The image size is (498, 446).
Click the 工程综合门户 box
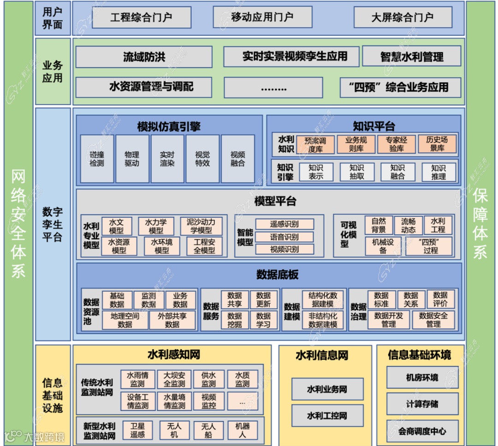pos(141,18)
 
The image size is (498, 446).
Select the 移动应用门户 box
pos(262,18)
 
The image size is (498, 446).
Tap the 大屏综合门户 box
pos(402,18)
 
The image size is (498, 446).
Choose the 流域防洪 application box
pos(144,57)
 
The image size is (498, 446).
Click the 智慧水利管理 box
pos(411,57)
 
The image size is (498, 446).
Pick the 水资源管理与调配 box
pos(144,87)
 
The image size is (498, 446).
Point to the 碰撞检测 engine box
pos(97,159)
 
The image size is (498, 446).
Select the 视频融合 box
pos(237,159)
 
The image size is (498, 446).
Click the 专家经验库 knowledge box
pos(397,144)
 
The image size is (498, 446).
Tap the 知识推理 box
pos(438,172)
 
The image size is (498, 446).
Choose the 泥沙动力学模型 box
pos(201,226)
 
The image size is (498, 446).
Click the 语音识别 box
pos(285,237)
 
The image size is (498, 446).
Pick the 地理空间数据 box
pos(125,320)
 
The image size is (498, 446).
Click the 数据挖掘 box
pos(235,320)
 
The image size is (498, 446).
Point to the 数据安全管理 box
pos(433,320)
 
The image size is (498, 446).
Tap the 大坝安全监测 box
pos(174,380)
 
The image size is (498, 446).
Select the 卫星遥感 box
pos(137,430)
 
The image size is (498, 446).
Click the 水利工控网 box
pos(327,416)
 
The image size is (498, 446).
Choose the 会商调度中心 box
pos(422,432)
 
